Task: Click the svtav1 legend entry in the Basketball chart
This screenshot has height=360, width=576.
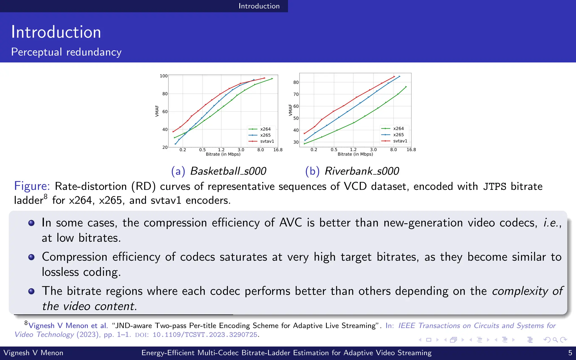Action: point(267,141)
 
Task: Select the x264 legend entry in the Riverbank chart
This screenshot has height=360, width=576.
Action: point(398,129)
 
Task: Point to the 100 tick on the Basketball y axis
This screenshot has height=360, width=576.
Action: point(163,76)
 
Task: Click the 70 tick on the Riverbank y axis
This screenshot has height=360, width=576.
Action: point(296,94)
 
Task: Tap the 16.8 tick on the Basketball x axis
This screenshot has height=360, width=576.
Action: point(278,150)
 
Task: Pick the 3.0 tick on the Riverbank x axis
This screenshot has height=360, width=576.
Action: point(373,150)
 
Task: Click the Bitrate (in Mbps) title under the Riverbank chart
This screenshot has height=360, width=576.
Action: point(355,154)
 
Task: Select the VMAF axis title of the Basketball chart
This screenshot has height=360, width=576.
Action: point(157,111)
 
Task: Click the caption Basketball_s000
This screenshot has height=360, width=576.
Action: point(228,171)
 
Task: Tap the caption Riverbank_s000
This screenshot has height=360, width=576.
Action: point(362,171)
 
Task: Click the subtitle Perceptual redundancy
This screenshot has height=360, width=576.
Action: point(66,52)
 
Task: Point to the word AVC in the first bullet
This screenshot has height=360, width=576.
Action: point(291,223)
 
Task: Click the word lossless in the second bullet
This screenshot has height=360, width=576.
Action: point(60,272)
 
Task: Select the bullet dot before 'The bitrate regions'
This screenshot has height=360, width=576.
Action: point(31,291)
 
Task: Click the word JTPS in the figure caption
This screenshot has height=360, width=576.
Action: point(494,186)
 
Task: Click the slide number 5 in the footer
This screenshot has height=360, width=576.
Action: point(570,353)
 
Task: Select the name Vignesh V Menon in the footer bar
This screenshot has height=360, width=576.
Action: point(33,353)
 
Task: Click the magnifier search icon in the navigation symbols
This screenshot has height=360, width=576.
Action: point(555,340)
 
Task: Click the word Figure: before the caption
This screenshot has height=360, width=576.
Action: point(32,186)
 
